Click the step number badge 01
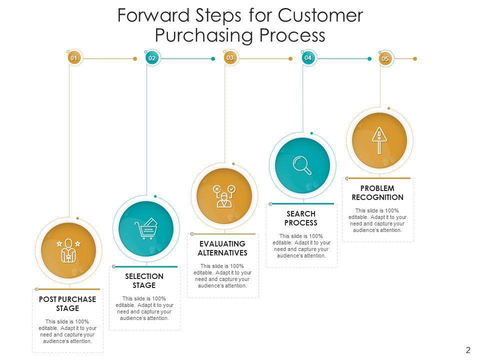coord(74,58)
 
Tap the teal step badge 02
coord(152,58)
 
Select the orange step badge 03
coord(230,58)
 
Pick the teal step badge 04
coord(308,58)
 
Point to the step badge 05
coord(385,59)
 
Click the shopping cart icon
coord(146,229)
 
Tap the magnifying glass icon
coord(302,165)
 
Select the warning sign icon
coord(379,140)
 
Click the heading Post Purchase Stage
coord(67,303)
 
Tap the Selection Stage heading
coord(144,280)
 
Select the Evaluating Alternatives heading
coord(222,248)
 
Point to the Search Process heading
coord(301,218)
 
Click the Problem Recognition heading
coord(377,193)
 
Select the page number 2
coord(468,350)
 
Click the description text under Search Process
coord(301,245)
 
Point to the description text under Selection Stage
coord(144,308)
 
